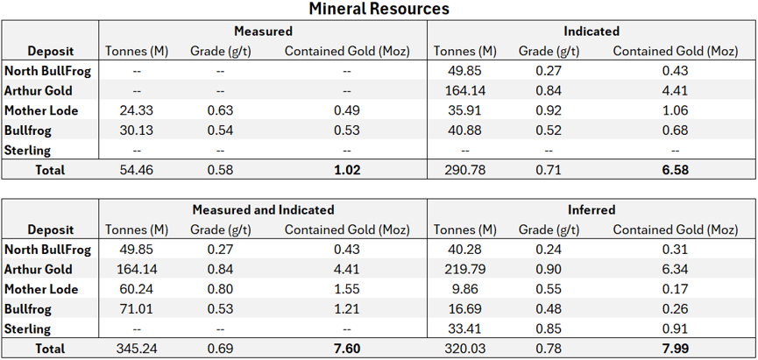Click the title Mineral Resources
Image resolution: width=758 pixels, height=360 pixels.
(379, 9)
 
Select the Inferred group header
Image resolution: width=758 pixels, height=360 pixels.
(592, 209)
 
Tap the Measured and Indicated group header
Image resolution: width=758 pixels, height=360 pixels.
(264, 209)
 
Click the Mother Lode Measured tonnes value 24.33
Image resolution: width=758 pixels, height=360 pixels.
(137, 110)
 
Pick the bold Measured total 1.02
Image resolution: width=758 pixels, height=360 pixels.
(347, 170)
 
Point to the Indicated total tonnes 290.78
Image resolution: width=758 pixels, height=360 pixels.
(465, 170)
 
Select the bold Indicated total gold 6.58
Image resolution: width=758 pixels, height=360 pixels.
(676, 170)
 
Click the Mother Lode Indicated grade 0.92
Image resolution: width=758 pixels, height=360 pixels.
(549, 110)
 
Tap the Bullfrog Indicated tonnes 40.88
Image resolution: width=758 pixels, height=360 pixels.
(465, 131)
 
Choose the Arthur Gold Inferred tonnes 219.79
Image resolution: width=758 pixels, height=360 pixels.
(465, 269)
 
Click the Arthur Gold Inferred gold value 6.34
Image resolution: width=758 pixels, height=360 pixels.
(676, 269)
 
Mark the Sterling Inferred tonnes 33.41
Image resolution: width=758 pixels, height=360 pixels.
(465, 329)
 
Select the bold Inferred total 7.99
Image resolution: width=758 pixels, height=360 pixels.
(676, 349)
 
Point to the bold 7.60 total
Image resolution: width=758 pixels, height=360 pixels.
(347, 349)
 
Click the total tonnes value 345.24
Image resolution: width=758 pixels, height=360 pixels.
(137, 349)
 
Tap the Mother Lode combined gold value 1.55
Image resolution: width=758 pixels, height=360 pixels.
(347, 289)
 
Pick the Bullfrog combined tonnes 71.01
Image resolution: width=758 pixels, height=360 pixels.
(137, 309)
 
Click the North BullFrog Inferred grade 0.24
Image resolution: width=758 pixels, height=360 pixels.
(549, 250)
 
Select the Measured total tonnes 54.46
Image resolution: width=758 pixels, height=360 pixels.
(137, 170)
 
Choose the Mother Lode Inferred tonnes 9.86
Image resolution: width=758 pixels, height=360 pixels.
(465, 289)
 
